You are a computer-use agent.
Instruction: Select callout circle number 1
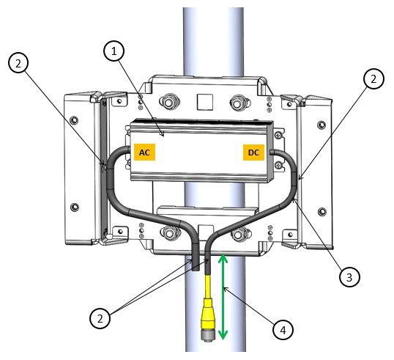point(114,52)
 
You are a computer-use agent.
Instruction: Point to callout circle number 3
point(349,276)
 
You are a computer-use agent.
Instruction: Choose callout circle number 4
point(281,331)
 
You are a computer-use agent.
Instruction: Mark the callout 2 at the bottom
point(101,317)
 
